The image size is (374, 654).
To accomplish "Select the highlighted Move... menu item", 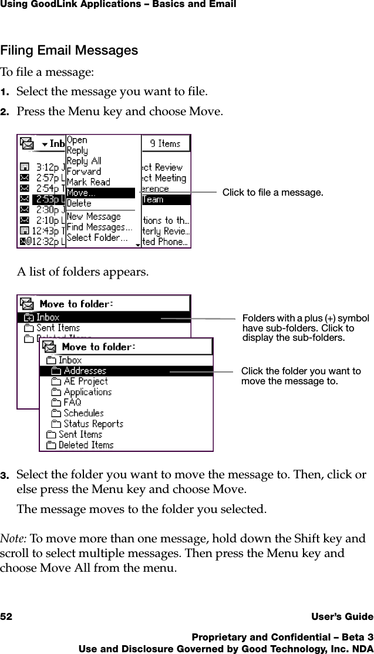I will (100, 193).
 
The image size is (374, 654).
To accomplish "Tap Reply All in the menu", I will (84, 161).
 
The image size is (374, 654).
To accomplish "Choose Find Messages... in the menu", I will (99, 227).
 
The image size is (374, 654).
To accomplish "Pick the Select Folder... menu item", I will (97, 238).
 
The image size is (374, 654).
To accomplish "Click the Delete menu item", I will (79, 203).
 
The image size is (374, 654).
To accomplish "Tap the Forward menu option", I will (84, 172).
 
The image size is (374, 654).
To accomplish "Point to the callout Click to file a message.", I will (272, 193).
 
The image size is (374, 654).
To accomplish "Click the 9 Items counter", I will (165, 143).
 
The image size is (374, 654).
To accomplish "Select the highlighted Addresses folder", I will (85, 371).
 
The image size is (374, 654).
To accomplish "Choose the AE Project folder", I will (86, 381).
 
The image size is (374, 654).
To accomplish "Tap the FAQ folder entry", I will (72, 403).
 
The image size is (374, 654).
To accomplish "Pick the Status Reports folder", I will (93, 424).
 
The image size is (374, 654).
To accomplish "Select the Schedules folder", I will (83, 413).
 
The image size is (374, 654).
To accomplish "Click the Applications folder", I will (87, 392).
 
